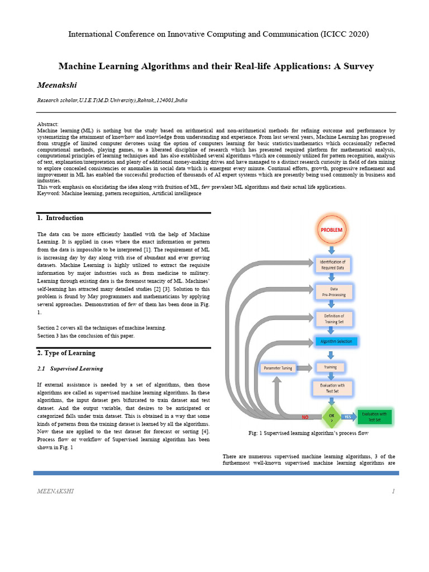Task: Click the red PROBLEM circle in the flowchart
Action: tap(331, 230)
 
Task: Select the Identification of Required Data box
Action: tap(332, 265)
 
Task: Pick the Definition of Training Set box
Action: tap(334, 319)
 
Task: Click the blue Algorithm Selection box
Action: tap(336, 341)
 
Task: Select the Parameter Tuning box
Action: tap(279, 368)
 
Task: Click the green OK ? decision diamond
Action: tap(331, 417)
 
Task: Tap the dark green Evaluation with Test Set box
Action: tap(374, 416)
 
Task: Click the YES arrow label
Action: tap(347, 417)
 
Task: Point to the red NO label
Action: tap(305, 417)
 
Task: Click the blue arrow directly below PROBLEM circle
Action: tap(331, 249)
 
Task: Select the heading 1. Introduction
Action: tap(60, 218)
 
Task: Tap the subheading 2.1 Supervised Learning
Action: tap(70, 369)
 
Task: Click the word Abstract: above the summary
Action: tap(47, 124)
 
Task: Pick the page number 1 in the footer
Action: tap(394, 491)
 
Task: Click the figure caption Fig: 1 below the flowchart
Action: tap(308, 433)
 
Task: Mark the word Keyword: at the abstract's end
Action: tap(49, 193)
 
